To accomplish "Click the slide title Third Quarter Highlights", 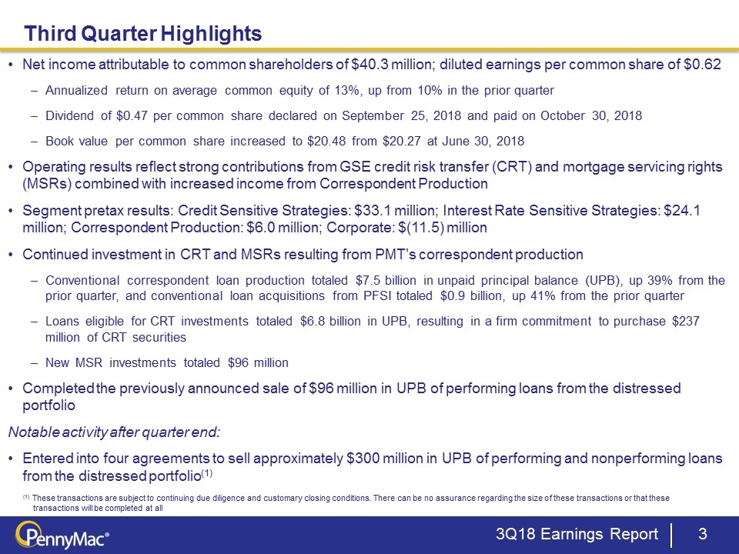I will point(142,34).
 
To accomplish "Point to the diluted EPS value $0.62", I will point(703,64).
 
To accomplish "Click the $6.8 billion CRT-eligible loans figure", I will point(336,319).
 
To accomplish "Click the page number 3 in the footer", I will point(701,535).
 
